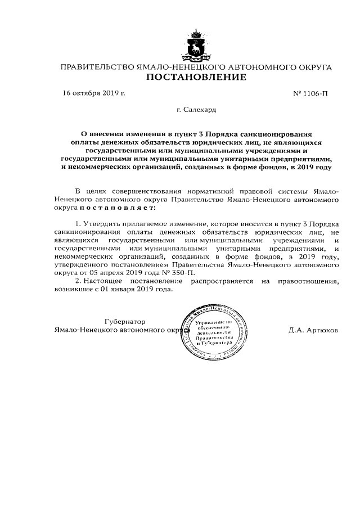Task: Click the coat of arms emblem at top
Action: coord(196,46)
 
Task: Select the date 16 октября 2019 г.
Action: coord(93,93)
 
